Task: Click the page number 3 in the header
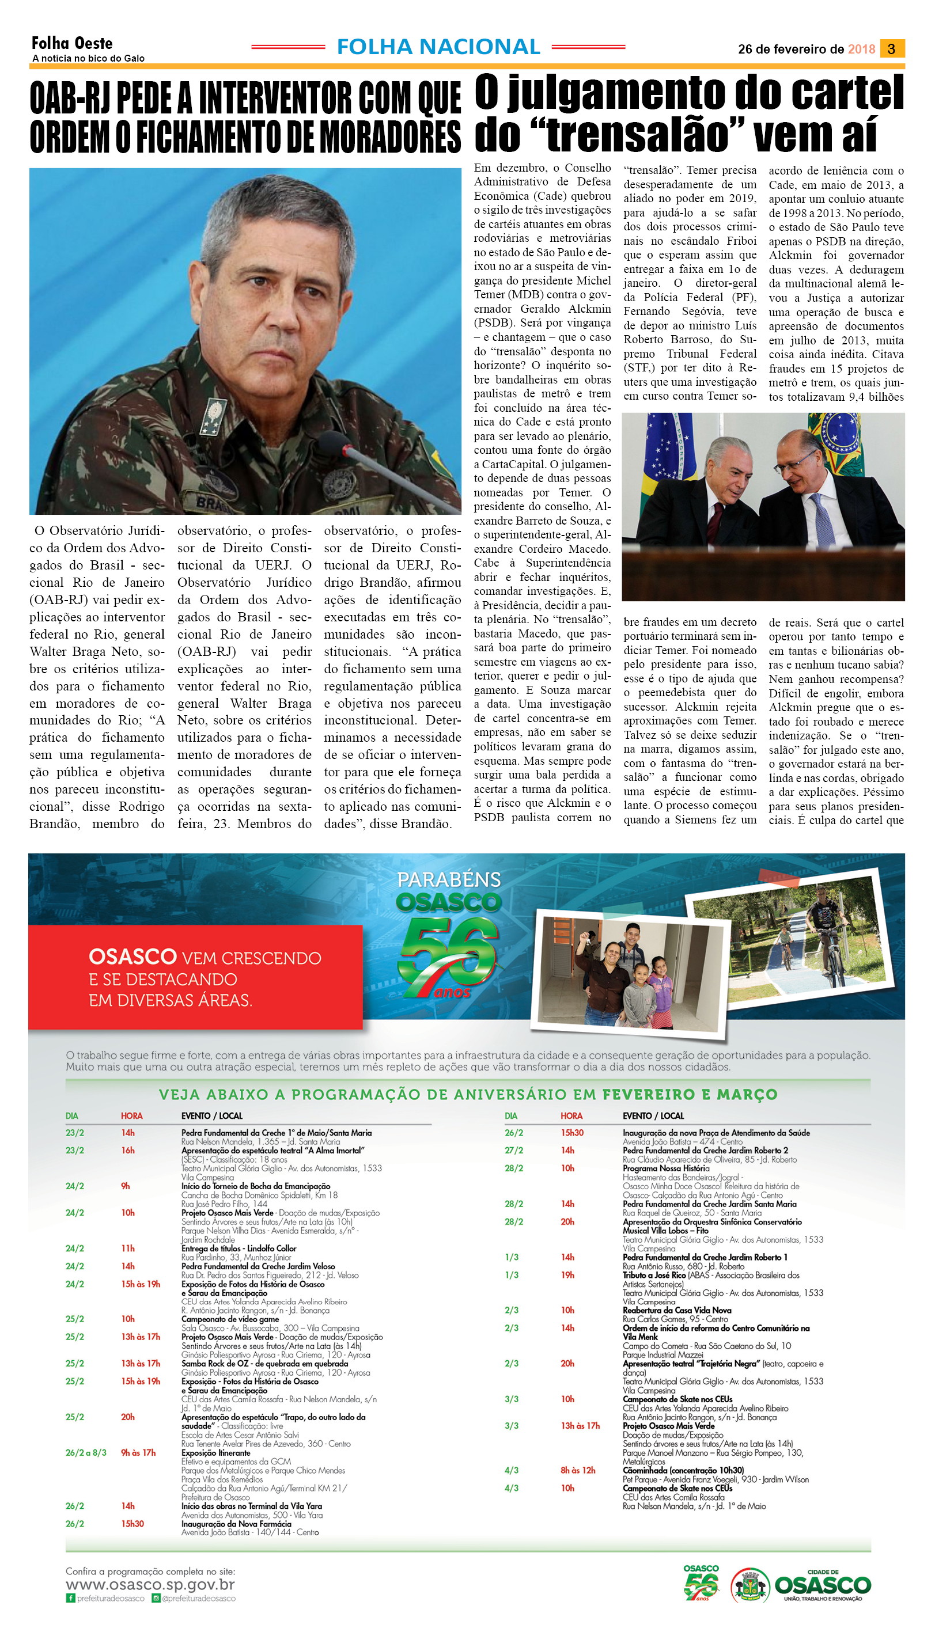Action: (x=891, y=49)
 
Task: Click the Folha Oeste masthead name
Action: (x=72, y=43)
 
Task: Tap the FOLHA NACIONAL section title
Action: (x=438, y=47)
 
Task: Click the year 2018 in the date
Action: (x=861, y=50)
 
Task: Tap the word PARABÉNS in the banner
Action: (x=449, y=879)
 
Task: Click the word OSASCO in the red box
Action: (x=133, y=957)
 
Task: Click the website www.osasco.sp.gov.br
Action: (x=150, y=1584)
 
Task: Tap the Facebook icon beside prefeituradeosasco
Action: (x=70, y=1599)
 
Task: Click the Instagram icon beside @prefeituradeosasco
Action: (x=156, y=1599)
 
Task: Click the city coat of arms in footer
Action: (x=749, y=1586)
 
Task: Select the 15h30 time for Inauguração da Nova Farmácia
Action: (x=133, y=1523)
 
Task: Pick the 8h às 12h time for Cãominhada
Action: (x=577, y=1470)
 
